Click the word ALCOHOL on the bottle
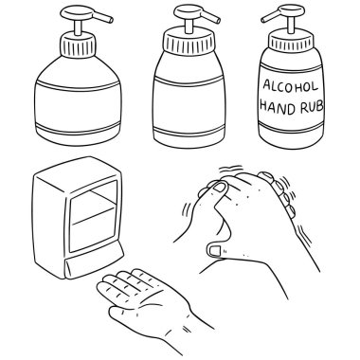coord(290,86)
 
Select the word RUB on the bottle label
coord(312,107)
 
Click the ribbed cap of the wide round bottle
coord(78,45)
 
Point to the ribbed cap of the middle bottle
coord(189,42)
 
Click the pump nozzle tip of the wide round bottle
coord(111,20)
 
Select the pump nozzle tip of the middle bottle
coord(218,20)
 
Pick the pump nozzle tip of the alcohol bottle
coord(263,20)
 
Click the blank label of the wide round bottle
coord(78,106)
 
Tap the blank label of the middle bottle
coord(189,104)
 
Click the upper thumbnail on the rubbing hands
coord(220,188)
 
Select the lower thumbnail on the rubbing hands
coord(215,250)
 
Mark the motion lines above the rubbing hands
coord(231,169)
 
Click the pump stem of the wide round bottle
coord(78,27)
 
